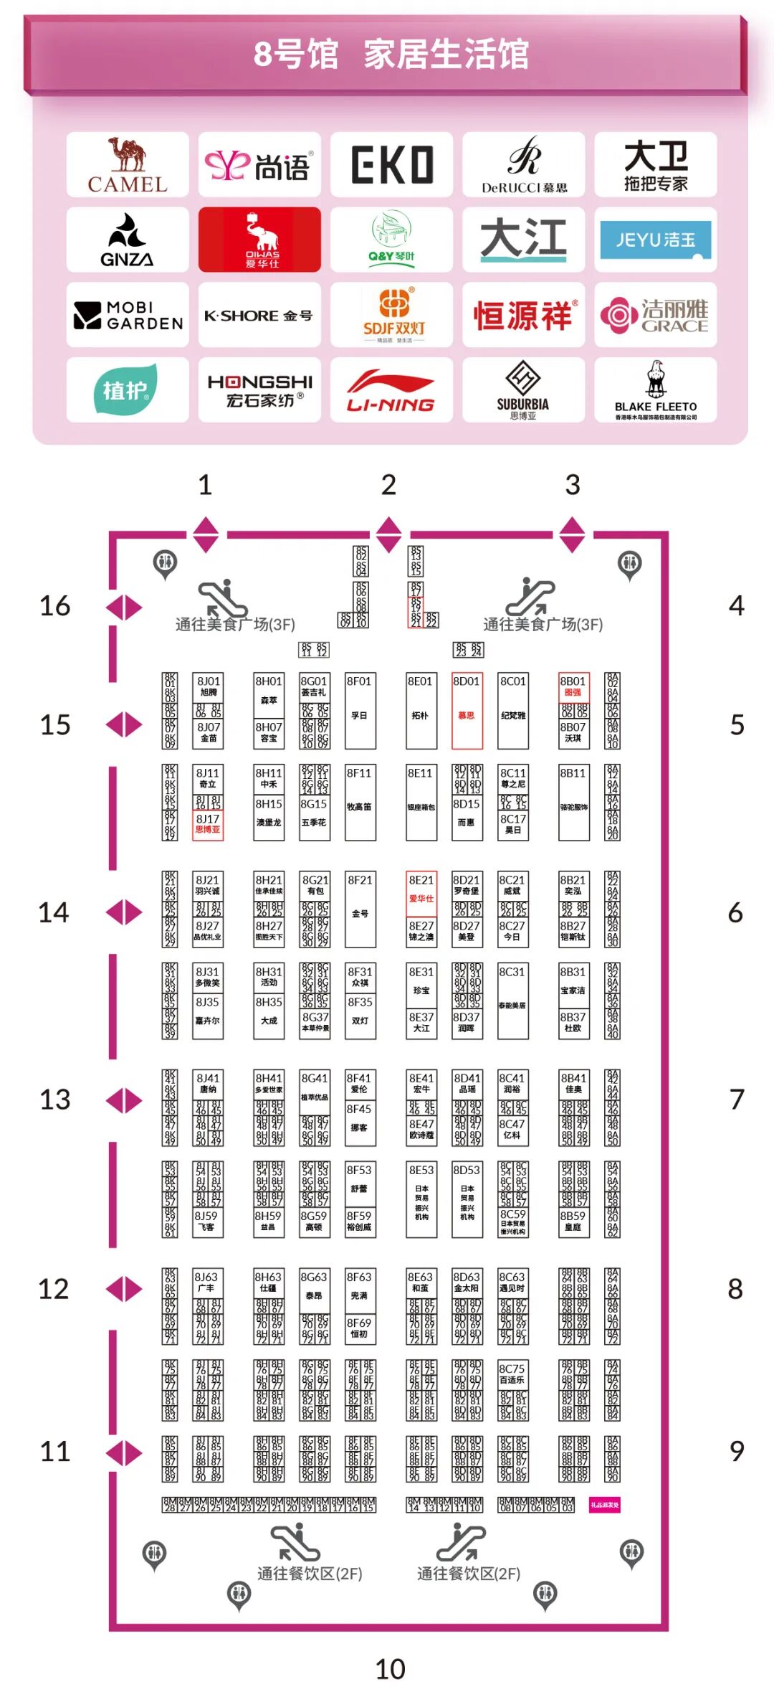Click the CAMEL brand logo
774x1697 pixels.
(x=128, y=165)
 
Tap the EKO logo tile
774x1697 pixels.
(x=391, y=165)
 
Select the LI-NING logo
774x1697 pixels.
(x=391, y=390)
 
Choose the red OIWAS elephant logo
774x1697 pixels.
(x=259, y=240)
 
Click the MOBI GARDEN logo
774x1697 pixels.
(x=128, y=315)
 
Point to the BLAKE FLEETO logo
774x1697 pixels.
(x=655, y=390)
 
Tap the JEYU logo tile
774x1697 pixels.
(x=655, y=240)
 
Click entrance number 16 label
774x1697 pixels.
(x=55, y=606)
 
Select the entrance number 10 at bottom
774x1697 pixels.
(x=390, y=1669)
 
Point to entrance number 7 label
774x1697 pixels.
(x=737, y=1100)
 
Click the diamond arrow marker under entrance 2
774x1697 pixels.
(x=388, y=535)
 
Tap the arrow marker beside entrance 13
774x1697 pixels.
(x=124, y=1100)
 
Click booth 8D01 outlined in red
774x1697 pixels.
(x=467, y=710)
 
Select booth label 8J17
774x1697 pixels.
(x=208, y=819)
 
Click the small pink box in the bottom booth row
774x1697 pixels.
(x=604, y=1504)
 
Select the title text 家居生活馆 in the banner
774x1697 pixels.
(x=446, y=55)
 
